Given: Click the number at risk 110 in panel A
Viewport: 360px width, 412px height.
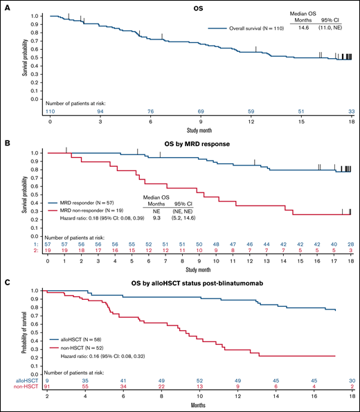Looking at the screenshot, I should (x=51, y=110).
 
